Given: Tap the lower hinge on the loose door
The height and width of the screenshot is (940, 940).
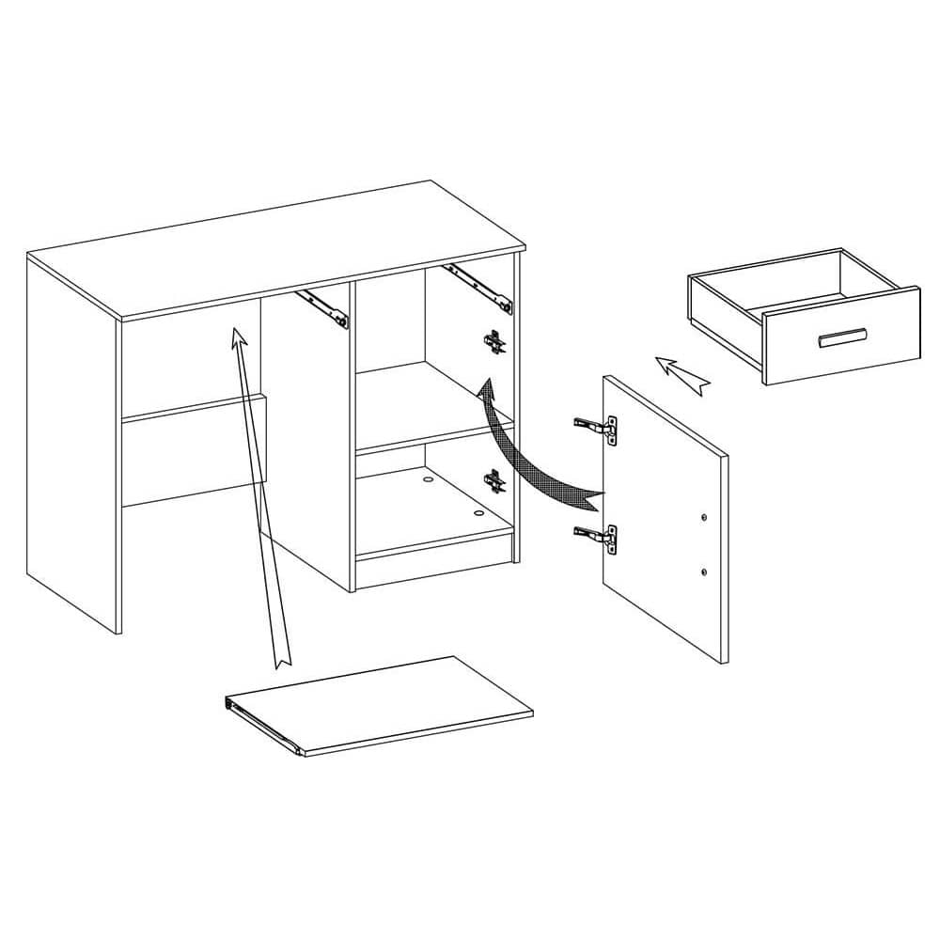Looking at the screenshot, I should point(596,536).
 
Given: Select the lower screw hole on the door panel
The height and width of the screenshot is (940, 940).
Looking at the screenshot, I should point(703,571).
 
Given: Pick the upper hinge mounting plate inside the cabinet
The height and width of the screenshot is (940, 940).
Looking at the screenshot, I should point(493,342).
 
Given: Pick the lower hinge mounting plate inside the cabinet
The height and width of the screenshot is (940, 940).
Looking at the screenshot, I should point(493,480).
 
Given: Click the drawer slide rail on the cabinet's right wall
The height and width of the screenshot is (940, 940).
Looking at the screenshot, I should point(479,288).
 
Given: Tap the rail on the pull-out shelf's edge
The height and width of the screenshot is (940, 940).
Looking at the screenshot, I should point(263,725).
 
